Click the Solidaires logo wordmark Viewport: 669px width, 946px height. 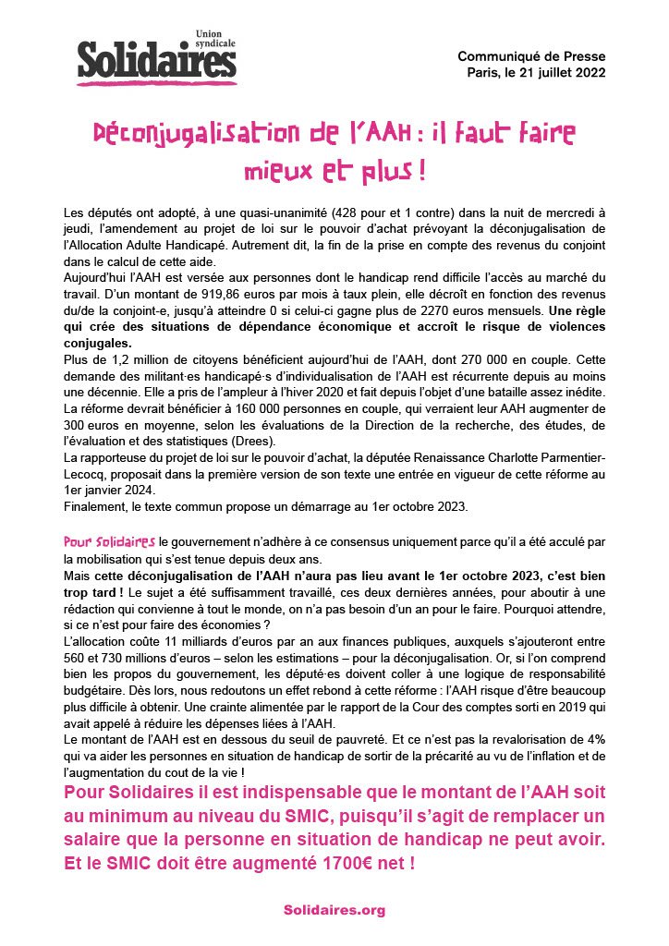click(x=157, y=61)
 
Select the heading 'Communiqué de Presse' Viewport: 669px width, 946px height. click(x=531, y=57)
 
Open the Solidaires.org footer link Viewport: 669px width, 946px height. click(x=334, y=910)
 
